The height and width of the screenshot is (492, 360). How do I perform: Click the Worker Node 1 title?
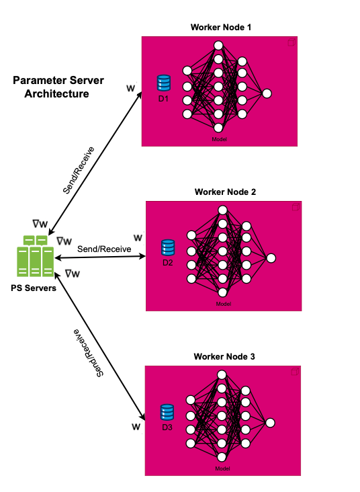click(x=221, y=28)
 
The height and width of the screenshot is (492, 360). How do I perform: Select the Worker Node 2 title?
click(x=225, y=192)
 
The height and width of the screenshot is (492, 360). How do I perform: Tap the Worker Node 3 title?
click(x=224, y=356)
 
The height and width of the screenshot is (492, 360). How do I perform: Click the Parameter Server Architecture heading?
click(x=58, y=87)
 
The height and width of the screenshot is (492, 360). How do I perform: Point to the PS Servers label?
click(x=34, y=288)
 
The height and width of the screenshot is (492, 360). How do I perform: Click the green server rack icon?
click(x=35, y=256)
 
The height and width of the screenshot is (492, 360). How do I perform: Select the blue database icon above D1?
click(x=164, y=83)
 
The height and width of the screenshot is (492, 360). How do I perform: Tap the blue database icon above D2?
click(x=168, y=247)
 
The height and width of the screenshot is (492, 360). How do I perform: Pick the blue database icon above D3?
click(x=167, y=412)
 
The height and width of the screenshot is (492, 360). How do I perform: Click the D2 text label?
click(x=168, y=263)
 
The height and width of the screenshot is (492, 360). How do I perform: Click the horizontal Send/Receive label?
click(x=104, y=249)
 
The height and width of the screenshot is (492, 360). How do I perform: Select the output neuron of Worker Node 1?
click(x=267, y=93)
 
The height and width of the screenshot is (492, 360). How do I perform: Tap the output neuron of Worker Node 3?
click(x=270, y=423)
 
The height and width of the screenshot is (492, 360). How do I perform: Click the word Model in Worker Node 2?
click(x=223, y=304)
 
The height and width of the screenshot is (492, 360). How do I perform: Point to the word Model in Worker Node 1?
click(x=219, y=139)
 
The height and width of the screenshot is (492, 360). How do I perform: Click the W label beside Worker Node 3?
click(x=136, y=427)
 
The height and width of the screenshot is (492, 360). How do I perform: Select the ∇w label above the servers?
click(x=40, y=224)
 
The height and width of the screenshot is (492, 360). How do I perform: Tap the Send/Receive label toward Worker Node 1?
click(x=79, y=170)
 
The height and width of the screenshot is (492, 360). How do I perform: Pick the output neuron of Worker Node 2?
click(x=271, y=258)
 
